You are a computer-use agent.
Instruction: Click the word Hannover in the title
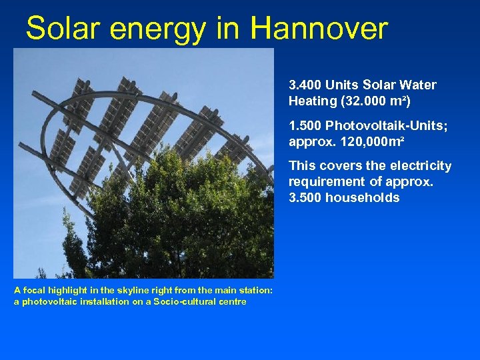319,29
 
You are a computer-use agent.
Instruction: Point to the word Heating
313,101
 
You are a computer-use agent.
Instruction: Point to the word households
363,197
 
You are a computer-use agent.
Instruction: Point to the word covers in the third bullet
337,165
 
